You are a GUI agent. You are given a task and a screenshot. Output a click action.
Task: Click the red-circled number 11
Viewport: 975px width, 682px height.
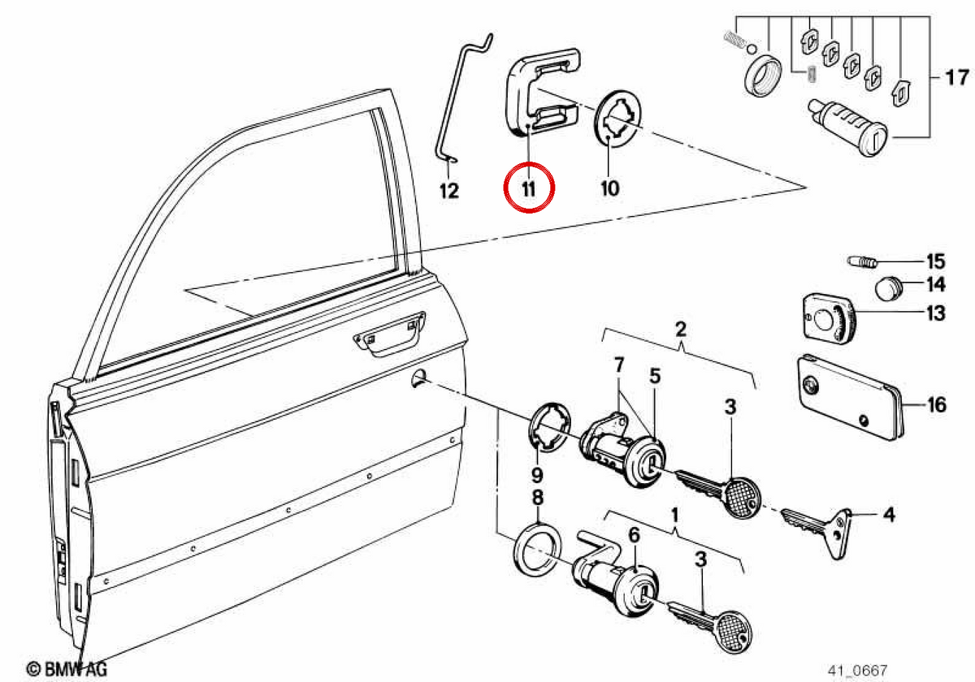tap(529, 189)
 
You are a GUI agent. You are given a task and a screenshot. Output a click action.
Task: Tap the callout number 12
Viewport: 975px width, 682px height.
tap(449, 191)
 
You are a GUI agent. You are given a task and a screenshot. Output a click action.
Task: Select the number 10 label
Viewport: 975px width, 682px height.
tap(610, 188)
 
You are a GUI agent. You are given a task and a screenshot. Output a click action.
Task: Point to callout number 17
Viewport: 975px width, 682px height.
tap(957, 78)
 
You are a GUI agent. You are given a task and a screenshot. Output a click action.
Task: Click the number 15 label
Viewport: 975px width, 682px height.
tap(936, 261)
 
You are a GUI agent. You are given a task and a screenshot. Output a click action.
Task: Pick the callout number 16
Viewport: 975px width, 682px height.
tap(937, 405)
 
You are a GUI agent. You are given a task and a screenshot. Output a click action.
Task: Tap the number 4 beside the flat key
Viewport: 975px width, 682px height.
tap(889, 515)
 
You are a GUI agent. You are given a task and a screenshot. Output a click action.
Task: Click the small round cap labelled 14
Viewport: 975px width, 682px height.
tap(888, 288)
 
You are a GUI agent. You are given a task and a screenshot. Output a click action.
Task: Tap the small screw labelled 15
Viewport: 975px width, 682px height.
tap(862, 262)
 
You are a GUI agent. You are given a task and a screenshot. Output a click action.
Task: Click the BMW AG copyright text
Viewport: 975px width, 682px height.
tap(66, 669)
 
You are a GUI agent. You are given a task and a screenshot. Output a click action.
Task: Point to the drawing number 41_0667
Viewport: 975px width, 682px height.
tap(857, 671)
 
